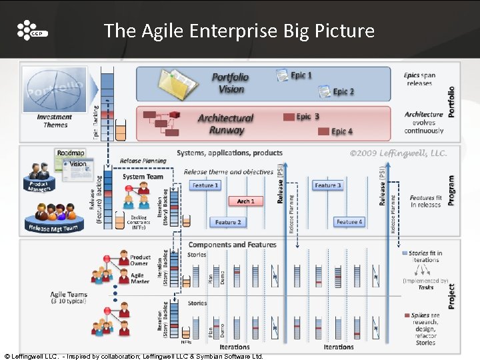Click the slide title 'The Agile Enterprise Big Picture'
point(239,31)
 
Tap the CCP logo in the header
point(32,31)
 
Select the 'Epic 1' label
point(301,75)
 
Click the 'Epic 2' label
point(343,91)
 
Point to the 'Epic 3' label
point(307,117)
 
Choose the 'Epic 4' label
point(342,132)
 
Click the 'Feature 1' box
point(205,185)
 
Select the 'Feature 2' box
point(227,222)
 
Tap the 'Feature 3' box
point(327,185)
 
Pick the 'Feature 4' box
point(349,222)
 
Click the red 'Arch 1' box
point(245,201)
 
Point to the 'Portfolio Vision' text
point(228,83)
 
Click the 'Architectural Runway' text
point(225,124)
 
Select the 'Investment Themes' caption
point(55,121)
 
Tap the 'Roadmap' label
point(71,153)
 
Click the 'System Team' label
point(143,177)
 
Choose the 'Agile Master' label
point(140,278)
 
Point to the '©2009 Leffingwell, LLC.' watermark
point(398,153)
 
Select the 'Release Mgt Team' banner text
point(53,228)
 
